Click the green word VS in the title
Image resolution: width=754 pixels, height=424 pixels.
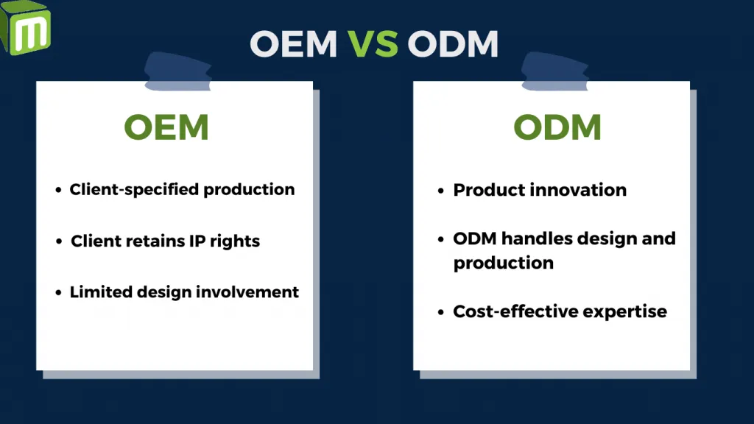pos(373,44)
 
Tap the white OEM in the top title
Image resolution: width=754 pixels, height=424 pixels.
pos(292,44)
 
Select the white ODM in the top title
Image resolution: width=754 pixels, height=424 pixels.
pos(452,44)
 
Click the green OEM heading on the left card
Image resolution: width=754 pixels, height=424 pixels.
pos(166,127)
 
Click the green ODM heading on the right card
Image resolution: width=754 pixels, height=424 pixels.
pos(557,127)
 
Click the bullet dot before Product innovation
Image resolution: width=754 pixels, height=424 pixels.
pos(441,191)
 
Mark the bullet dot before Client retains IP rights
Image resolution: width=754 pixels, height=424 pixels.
pos(58,241)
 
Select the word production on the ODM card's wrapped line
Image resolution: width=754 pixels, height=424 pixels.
pos(504,263)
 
